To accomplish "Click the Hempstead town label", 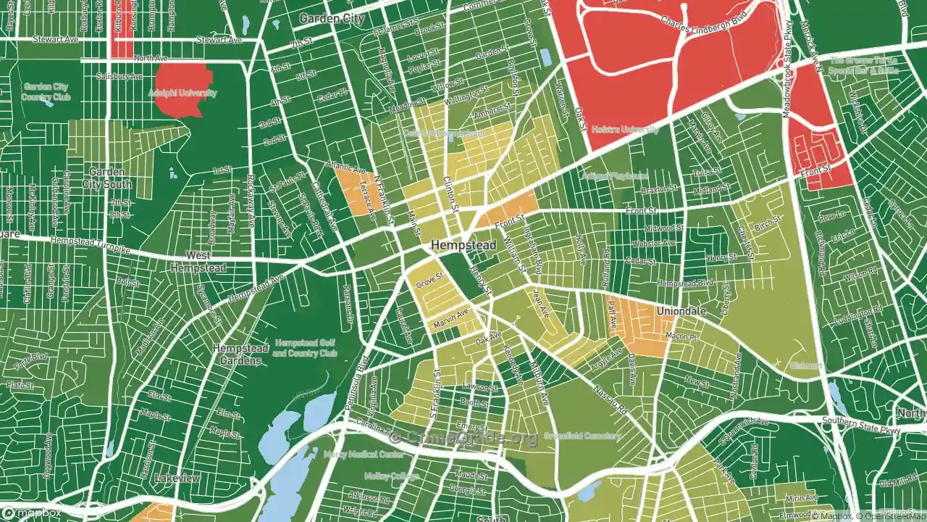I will point(463,246).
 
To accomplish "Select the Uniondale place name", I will point(680,311).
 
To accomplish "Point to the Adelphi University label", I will point(182,94).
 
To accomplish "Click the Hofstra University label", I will point(625,130).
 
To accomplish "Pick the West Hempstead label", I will point(198,262).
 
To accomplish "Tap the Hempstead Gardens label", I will point(237,355).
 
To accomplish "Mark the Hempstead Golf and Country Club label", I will point(305,348).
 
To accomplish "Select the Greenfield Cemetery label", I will point(582,436).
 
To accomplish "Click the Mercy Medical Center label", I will point(374,455).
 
